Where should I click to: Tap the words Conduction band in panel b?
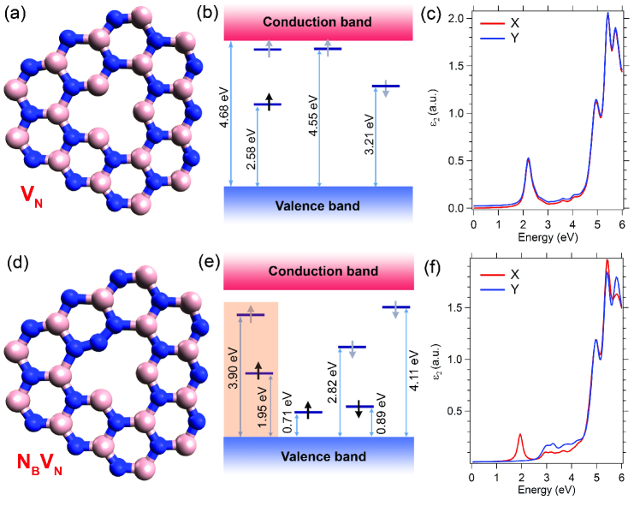(x=318, y=21)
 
